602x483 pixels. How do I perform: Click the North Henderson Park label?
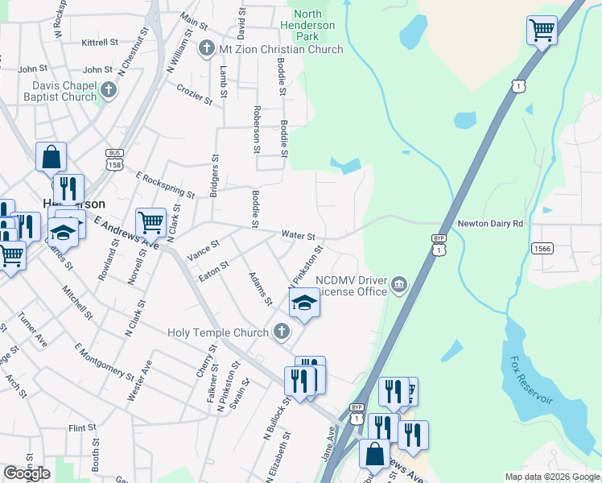pos(314,25)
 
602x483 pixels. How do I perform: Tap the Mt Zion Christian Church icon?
pos(206,49)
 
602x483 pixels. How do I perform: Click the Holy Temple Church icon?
pos(281,330)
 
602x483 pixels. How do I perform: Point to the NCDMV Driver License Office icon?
pos(399,283)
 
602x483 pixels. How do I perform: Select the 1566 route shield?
pos(542,249)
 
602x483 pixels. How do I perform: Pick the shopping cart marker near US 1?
pos(542,31)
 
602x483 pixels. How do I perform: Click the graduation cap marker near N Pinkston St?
pos(304,303)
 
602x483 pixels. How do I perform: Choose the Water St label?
pos(298,235)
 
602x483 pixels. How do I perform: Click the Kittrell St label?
pos(100,41)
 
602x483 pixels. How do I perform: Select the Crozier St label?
pos(195,96)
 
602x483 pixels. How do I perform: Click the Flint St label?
pos(81,427)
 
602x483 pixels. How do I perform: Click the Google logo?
pos(27,473)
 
